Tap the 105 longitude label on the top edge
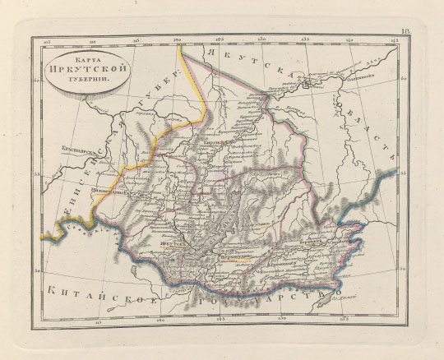47,39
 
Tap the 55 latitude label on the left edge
35,175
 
